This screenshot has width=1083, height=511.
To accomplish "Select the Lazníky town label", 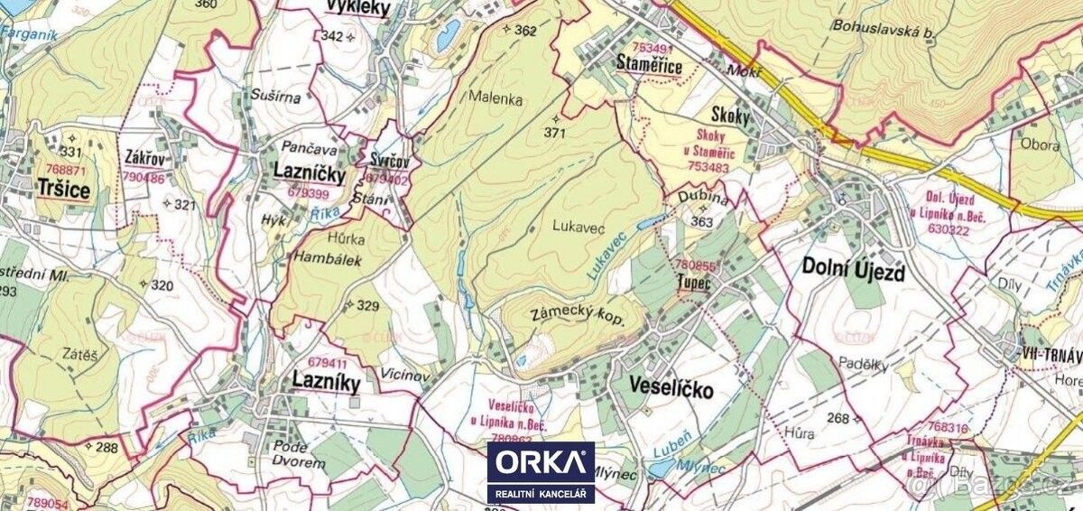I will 326,383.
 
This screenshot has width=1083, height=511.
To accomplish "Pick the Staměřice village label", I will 649,63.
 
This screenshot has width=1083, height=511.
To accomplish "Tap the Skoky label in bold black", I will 730,115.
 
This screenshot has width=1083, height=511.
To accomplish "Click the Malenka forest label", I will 495,100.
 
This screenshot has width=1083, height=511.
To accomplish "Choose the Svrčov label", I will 389,162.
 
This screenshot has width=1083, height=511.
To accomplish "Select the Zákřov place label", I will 144,161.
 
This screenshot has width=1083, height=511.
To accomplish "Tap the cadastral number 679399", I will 309,193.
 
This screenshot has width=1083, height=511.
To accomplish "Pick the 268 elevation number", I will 839,417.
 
